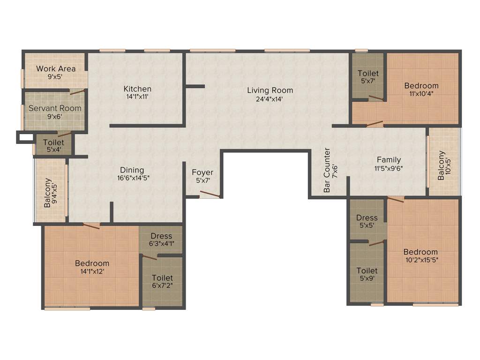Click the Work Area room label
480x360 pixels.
(56, 69)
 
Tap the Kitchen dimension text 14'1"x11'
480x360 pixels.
(137, 97)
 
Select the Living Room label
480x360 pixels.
(270, 90)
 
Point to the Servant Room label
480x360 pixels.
(55, 108)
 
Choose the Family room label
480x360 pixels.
(389, 160)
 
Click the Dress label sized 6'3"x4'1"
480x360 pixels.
(161, 236)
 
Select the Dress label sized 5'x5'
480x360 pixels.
(367, 217)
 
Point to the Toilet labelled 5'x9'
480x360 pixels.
(367, 270)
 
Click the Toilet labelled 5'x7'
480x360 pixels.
(368, 73)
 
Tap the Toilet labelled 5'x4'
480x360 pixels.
(53, 142)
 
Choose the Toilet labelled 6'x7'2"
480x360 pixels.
(162, 278)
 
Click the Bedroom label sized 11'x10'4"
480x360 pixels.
(421, 85)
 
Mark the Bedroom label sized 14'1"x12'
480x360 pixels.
(92, 263)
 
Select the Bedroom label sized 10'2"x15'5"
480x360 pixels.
(421, 252)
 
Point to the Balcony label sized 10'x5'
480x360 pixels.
(442, 165)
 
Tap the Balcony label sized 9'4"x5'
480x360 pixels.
(48, 193)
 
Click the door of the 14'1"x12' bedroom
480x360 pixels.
(91, 225)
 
